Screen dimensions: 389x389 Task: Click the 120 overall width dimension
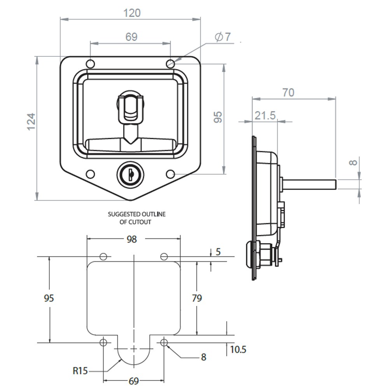[x=132, y=13]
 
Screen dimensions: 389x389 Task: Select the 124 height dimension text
[x=31, y=121]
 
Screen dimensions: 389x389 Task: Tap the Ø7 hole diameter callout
[x=223, y=37]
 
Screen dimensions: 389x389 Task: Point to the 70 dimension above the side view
[x=288, y=93]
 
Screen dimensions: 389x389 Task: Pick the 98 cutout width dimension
[x=132, y=239]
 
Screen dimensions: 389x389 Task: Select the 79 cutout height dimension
[x=197, y=298]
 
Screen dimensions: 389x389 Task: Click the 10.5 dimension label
[x=238, y=349]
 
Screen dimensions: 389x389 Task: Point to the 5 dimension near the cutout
[x=218, y=252]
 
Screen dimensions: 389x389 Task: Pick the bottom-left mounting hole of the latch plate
[x=90, y=174]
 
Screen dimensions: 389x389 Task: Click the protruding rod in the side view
[x=309, y=183]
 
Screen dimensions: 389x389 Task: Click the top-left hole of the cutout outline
[x=103, y=257]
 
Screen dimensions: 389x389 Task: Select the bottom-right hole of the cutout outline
[x=164, y=342]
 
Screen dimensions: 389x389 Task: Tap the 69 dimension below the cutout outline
[x=133, y=381]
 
